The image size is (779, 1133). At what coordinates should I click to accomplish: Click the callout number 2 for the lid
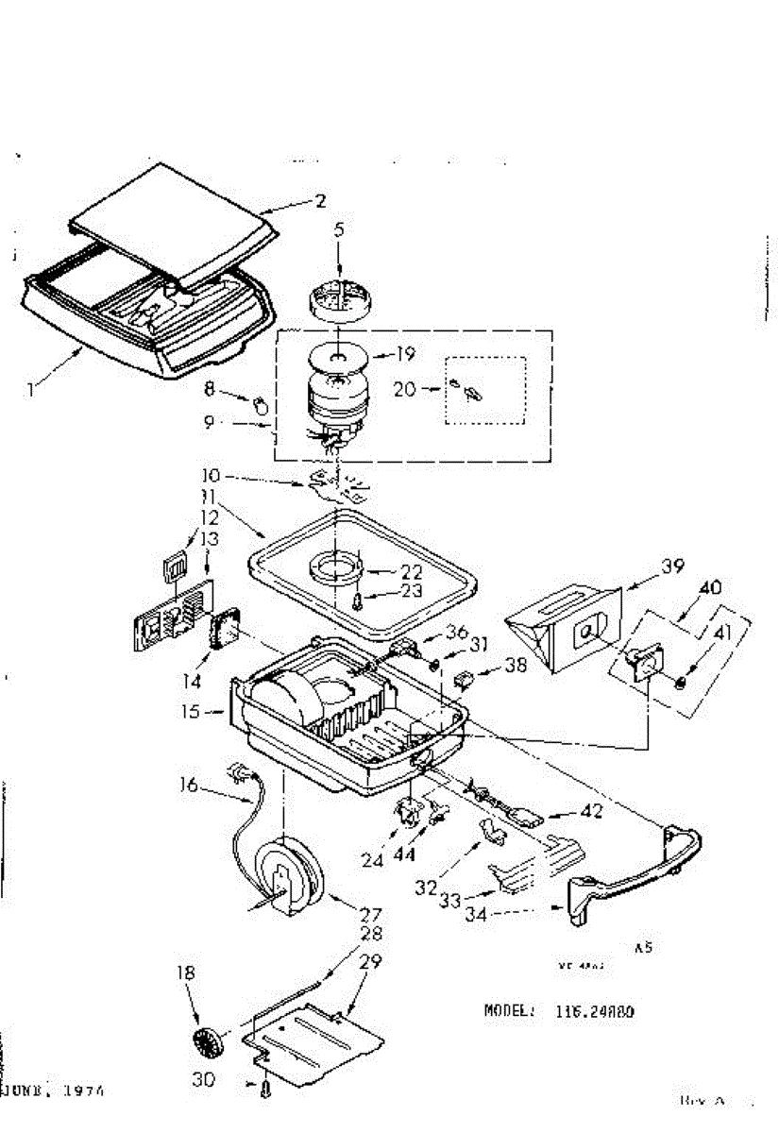321,200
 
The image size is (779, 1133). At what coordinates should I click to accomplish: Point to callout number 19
405,357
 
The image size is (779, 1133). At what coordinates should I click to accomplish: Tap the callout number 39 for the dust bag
672,566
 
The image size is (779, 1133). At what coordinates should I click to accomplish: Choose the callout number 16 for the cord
188,786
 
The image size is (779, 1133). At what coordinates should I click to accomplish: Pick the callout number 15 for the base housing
192,711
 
